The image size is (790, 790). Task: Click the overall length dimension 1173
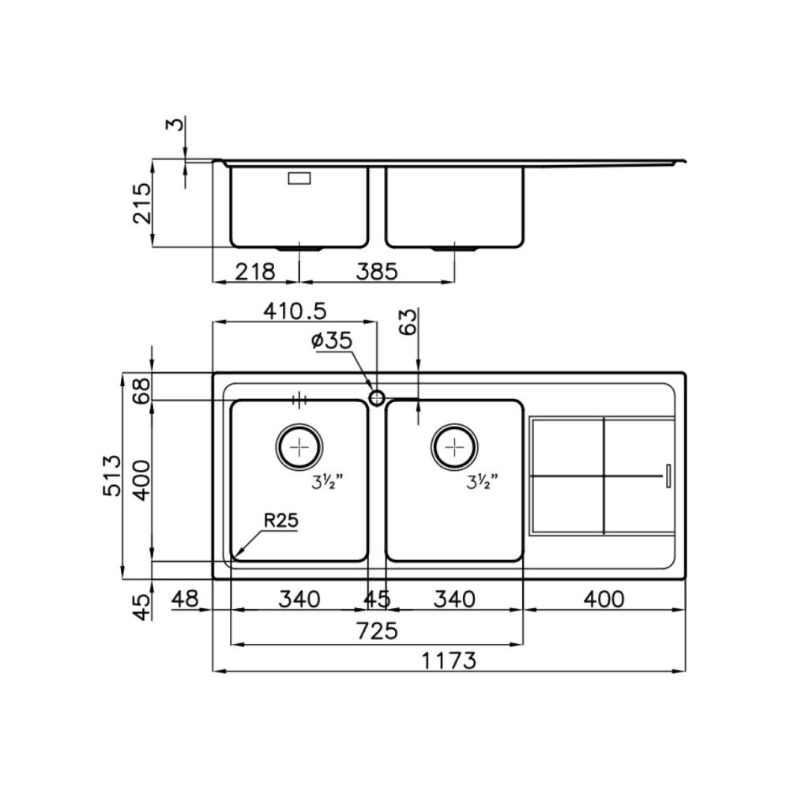point(447,660)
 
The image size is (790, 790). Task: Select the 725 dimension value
point(377,631)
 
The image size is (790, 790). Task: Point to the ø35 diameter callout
point(331,341)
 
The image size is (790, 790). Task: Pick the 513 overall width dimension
point(111,475)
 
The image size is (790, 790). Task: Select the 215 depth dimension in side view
point(140,203)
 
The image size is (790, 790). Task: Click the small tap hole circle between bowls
point(377,397)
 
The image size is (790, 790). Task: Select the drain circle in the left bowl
point(299,447)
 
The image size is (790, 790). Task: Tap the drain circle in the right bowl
point(453,447)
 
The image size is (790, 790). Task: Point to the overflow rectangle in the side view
point(300,179)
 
